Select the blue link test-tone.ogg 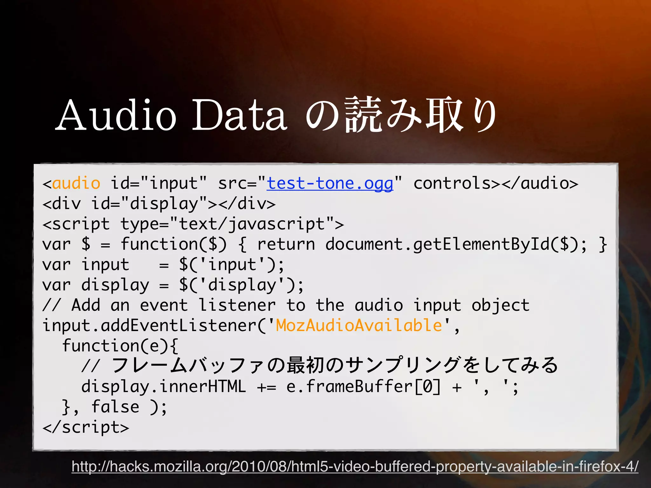point(330,184)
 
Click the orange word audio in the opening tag point(76,184)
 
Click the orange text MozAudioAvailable point(359,325)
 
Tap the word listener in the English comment point(237,305)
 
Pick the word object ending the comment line point(500,305)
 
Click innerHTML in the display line point(203,387)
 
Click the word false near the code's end point(115,407)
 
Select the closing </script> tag point(86,427)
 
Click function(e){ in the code point(120,346)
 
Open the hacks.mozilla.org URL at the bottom point(355,466)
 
